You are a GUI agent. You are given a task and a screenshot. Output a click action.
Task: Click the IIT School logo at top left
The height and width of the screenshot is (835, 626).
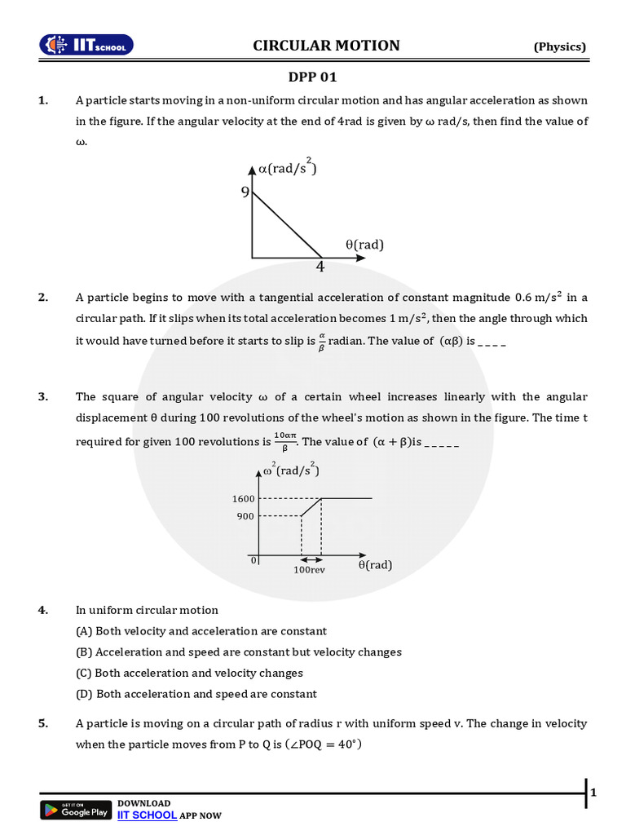coord(87,46)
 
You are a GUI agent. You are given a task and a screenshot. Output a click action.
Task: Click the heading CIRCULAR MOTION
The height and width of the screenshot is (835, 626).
coord(326,46)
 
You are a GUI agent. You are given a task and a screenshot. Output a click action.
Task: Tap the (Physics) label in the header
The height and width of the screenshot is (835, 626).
coord(559,46)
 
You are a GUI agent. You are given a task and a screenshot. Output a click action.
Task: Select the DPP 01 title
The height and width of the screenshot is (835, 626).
coord(312,77)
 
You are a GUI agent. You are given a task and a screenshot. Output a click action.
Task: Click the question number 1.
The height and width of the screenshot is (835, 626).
coord(42,100)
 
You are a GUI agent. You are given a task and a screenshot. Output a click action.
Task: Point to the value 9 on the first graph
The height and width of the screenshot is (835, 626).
coord(245,192)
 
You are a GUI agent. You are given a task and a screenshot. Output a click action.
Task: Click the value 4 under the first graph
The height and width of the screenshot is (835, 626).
coord(320,267)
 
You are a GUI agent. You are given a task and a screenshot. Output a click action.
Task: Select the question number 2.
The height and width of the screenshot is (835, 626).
coord(42,298)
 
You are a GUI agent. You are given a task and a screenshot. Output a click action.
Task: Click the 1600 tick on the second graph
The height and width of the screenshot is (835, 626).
coord(244,498)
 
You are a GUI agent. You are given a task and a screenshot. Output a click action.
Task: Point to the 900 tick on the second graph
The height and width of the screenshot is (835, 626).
coord(246,516)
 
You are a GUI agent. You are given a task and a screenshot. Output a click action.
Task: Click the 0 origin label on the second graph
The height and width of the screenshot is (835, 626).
coord(253,561)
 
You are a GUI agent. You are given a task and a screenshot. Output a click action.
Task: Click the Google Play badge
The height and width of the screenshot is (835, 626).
coord(75,810)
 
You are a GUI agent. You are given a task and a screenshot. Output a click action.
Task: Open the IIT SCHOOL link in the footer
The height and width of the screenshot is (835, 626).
coord(147,815)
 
